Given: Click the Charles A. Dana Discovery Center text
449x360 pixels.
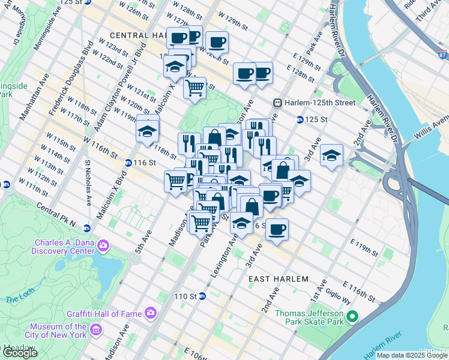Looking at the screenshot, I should pyautogui.click(x=64, y=247).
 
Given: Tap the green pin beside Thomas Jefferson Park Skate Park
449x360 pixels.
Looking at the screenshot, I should pyautogui.click(x=352, y=317).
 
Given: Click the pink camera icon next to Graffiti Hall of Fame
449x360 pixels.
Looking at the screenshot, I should pyautogui.click(x=150, y=313).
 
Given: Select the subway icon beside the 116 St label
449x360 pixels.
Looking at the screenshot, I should pyautogui.click(x=128, y=163).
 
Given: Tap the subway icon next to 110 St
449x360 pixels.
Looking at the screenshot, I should pyautogui.click(x=202, y=296).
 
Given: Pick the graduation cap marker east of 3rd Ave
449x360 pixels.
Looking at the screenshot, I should pyautogui.click(x=331, y=155).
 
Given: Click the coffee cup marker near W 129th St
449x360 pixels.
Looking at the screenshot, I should pyautogui.click(x=217, y=43).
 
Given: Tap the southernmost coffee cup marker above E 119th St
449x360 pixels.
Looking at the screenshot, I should pyautogui.click(x=277, y=230).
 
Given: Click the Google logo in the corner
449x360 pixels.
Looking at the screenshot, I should pyautogui.click(x=20, y=353).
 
